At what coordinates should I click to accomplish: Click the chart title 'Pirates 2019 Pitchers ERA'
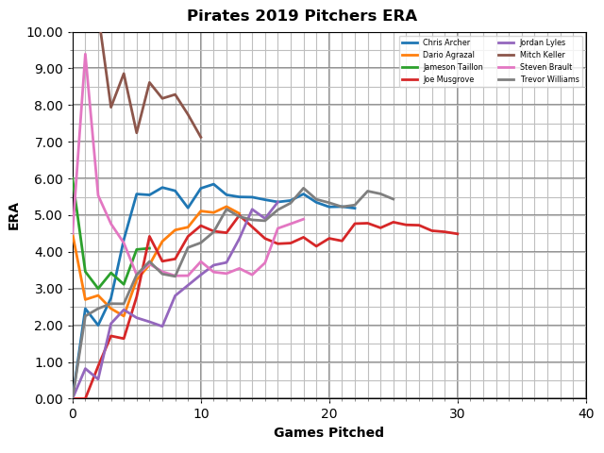tap(302, 16)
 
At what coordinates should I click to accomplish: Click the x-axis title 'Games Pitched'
tap(328, 433)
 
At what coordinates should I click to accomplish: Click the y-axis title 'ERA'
tap(14, 215)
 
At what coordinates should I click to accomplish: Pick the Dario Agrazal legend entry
tap(444, 55)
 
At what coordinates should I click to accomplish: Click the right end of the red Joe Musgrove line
tap(458, 234)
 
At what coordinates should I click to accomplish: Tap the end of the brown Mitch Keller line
tap(201, 138)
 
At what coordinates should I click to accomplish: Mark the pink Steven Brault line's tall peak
tap(85, 54)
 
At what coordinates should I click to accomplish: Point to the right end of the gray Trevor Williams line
tap(394, 199)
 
